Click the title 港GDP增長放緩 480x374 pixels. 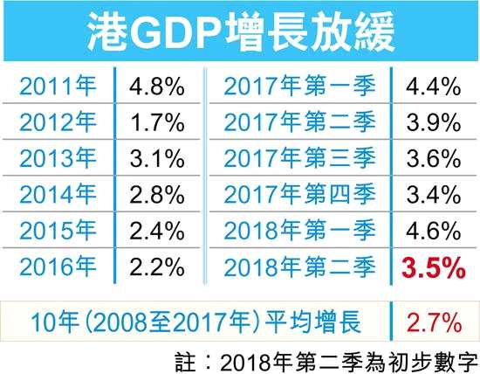[240, 32]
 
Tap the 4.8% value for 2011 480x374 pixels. [156, 87]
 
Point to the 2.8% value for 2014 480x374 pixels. [156, 195]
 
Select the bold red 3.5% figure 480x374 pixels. [429, 267]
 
